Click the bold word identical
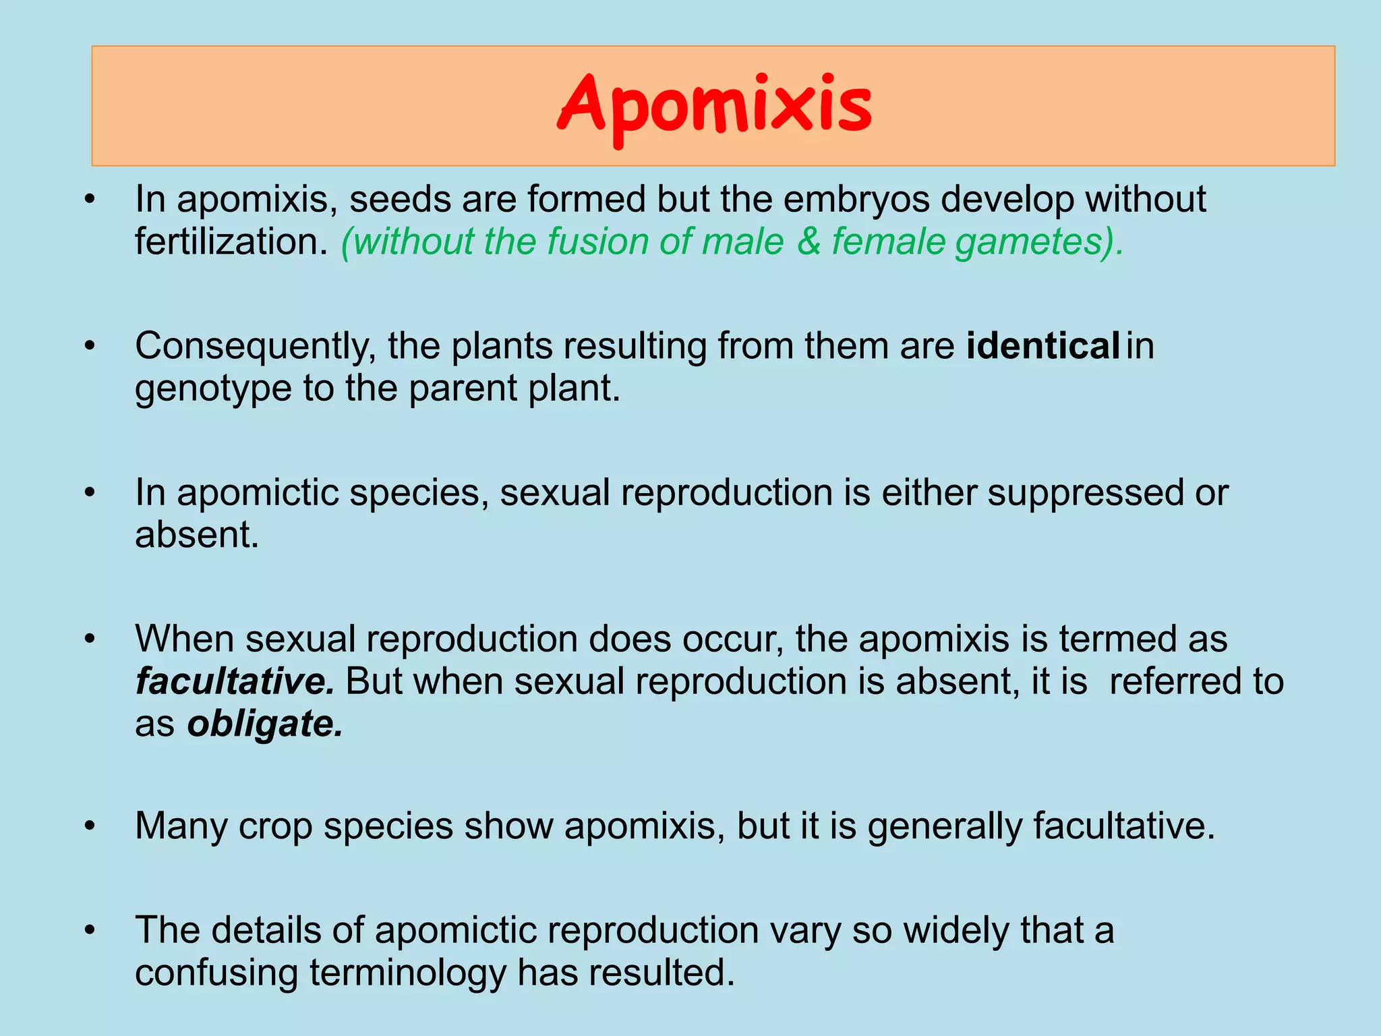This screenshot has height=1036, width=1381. click(1042, 346)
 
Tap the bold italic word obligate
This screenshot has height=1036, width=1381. click(264, 724)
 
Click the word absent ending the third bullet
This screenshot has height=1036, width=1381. click(196, 535)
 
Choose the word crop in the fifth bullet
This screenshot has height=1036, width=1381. click(275, 827)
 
